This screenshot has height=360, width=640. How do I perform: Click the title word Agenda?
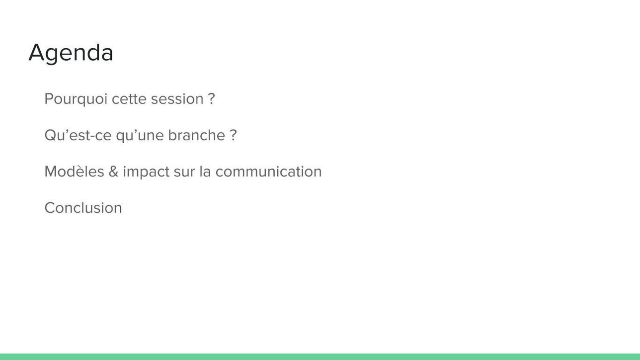(x=71, y=53)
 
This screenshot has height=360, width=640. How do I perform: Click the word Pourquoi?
(x=76, y=99)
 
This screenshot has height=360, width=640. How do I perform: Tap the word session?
(x=177, y=99)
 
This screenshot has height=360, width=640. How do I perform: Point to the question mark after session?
(x=212, y=98)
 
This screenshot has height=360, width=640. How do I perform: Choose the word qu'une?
(x=140, y=136)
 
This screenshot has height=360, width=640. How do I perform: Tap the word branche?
(x=197, y=135)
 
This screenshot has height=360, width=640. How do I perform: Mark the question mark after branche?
(x=234, y=135)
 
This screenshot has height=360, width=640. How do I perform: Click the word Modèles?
(x=75, y=172)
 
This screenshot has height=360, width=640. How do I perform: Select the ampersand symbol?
(x=113, y=172)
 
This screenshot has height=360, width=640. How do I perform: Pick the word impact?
(x=146, y=172)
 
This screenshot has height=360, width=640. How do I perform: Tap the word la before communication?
(x=205, y=172)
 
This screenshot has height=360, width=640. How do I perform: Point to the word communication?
(x=268, y=172)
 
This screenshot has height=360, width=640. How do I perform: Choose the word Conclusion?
(x=83, y=208)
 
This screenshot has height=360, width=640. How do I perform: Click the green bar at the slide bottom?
(x=320, y=357)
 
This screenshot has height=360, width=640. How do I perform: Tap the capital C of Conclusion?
(x=50, y=208)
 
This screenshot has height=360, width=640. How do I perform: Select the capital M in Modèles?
(x=51, y=172)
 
